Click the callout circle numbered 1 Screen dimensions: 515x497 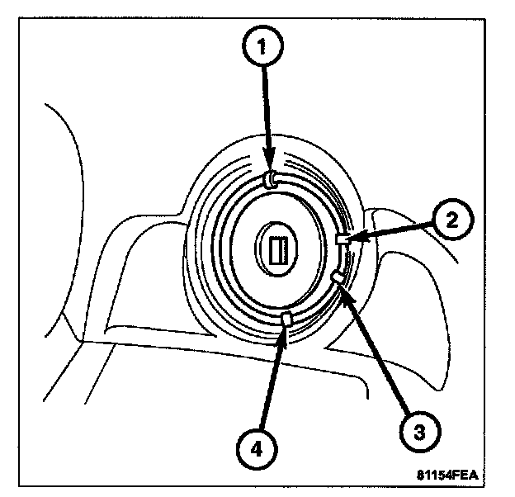click(x=263, y=47)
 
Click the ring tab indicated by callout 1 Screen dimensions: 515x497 click(x=272, y=178)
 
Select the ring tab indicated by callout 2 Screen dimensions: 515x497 click(x=343, y=239)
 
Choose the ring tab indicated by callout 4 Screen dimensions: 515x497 click(x=287, y=319)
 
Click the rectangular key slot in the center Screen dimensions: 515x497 click(x=276, y=246)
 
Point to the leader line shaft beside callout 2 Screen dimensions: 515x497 click(x=396, y=230)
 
